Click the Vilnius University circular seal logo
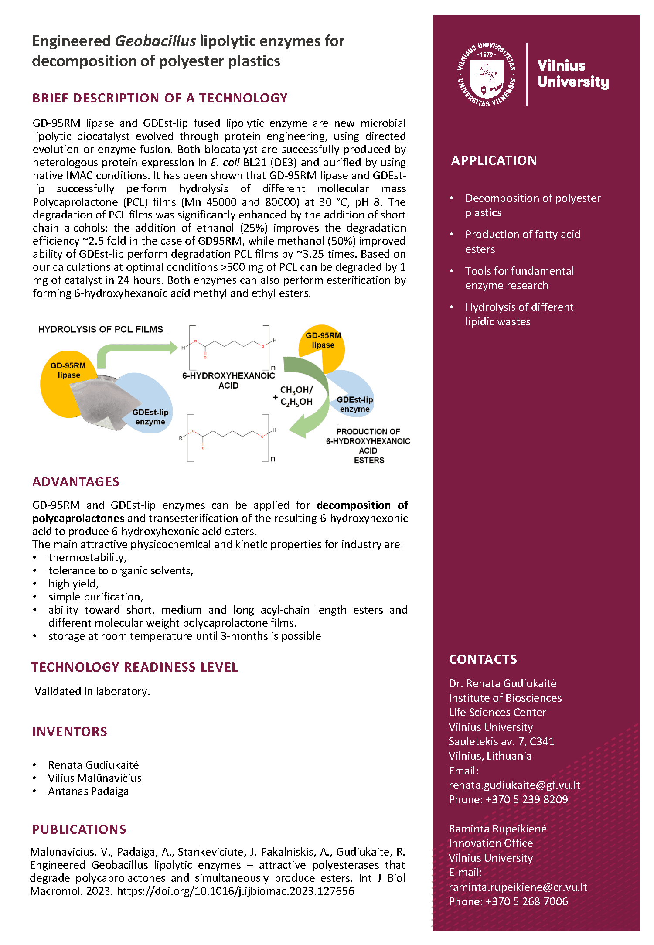pyautogui.click(x=487, y=74)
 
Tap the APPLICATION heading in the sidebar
pyautogui.click(x=494, y=160)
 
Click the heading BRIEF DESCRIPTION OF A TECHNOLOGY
pyautogui.click(x=160, y=98)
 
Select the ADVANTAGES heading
pyautogui.click(x=76, y=482)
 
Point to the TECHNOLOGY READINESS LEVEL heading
pyautogui.click(x=134, y=667)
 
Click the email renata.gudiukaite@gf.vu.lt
pyautogui.click(x=514, y=785)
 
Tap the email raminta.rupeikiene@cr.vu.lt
pyautogui.click(x=518, y=887)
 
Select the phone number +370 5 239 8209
pyautogui.click(x=527, y=800)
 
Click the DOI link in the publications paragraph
pyautogui.click(x=235, y=891)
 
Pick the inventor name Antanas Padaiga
pyautogui.click(x=89, y=791)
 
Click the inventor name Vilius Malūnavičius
pyautogui.click(x=95, y=778)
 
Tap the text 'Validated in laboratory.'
pyautogui.click(x=92, y=692)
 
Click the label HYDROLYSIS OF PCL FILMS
pyautogui.click(x=100, y=330)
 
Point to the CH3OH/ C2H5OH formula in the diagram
pyautogui.click(x=296, y=396)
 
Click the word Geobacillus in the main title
pyautogui.click(x=155, y=41)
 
